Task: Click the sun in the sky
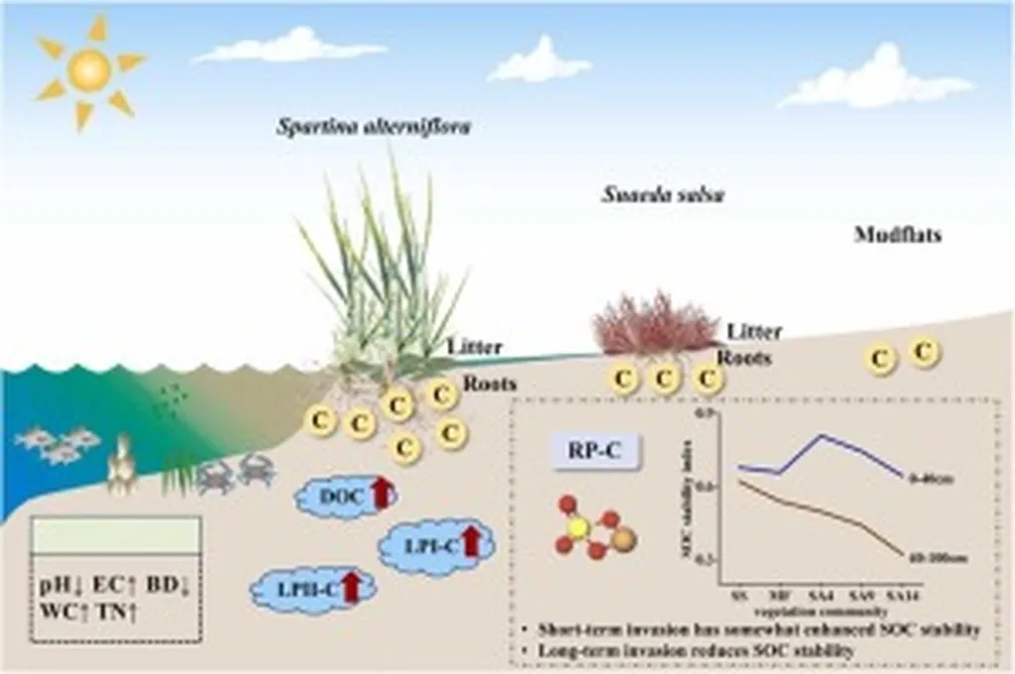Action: [89, 70]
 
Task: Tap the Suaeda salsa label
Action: [662, 194]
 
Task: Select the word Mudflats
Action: [897, 235]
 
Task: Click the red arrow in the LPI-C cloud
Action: [471, 539]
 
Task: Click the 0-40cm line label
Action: [929, 479]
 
